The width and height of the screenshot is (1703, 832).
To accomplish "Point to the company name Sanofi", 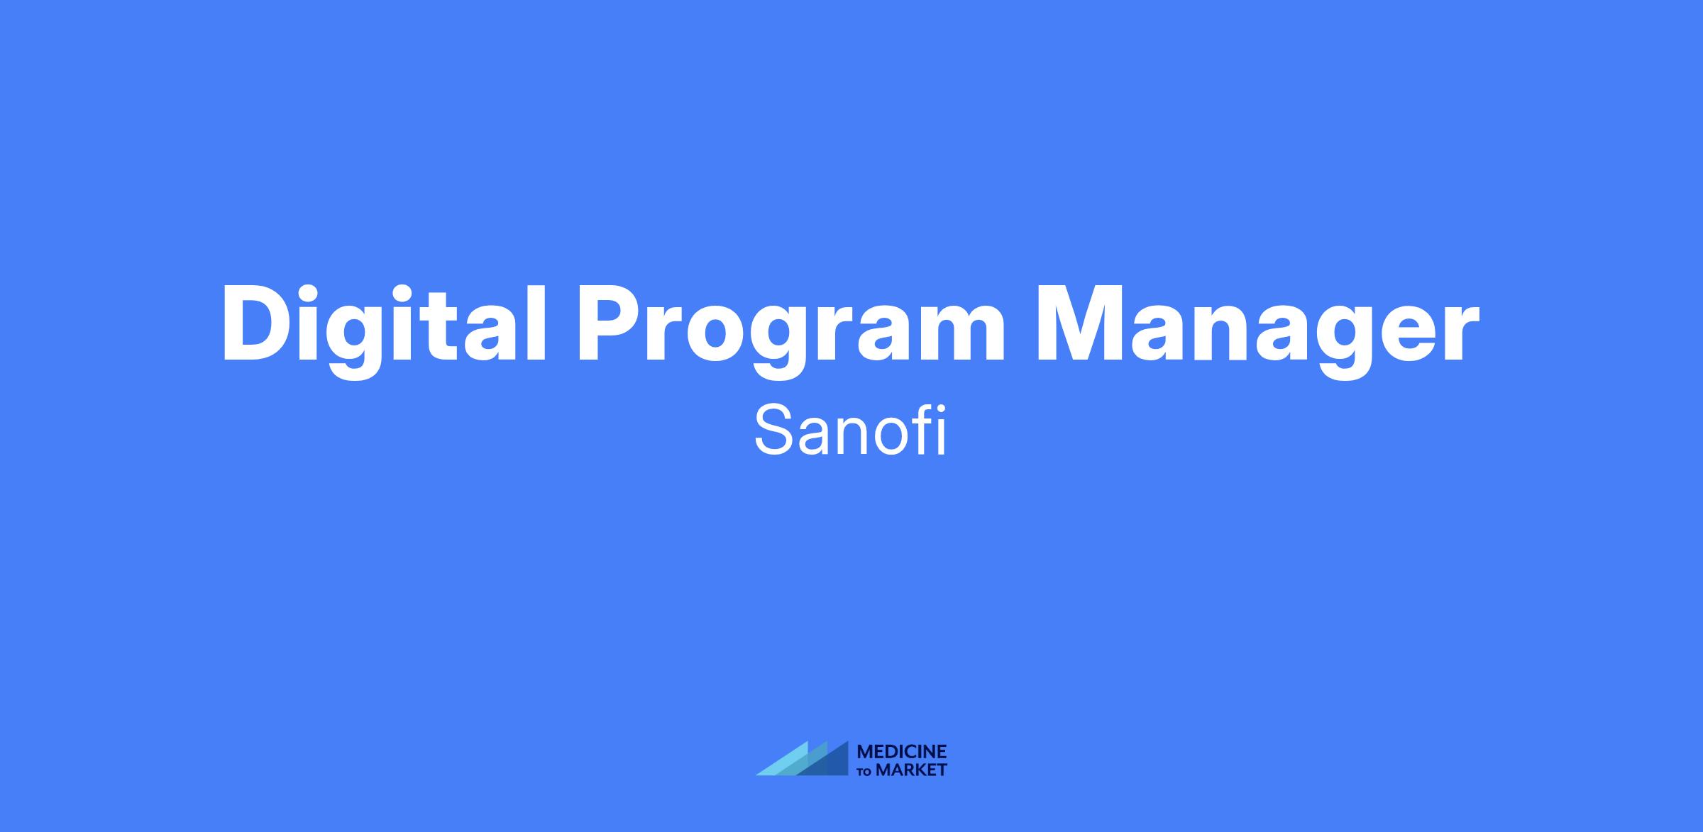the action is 850,431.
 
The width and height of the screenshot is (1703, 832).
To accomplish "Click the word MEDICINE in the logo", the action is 902,752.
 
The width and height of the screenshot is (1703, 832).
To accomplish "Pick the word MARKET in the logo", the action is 912,770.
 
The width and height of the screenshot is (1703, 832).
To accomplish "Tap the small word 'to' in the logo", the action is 866,772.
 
